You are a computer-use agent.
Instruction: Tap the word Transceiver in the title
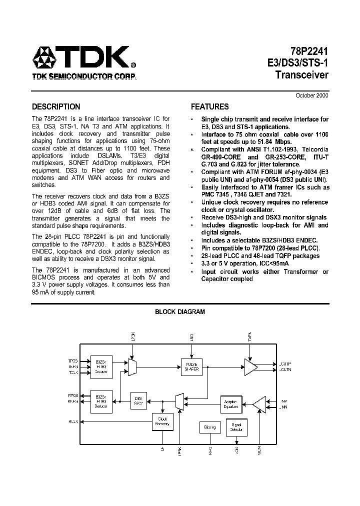302,75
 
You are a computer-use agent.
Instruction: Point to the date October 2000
312,95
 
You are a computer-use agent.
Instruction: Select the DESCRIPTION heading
56,106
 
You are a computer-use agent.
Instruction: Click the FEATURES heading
210,106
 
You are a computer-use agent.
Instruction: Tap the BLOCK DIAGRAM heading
180,311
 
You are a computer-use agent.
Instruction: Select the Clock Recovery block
162,421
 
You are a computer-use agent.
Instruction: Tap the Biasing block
209,427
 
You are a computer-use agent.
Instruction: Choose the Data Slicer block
139,400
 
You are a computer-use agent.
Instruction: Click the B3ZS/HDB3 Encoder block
100,366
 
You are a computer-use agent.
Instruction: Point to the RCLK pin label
73,421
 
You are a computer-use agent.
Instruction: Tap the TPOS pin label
73,360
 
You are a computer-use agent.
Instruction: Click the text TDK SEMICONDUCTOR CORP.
83,77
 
